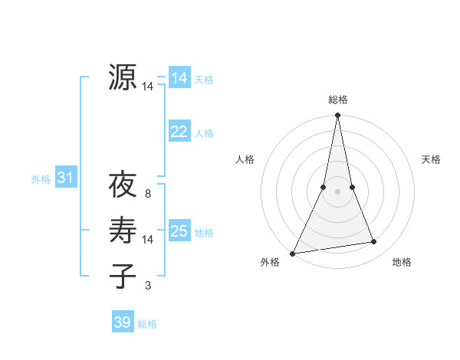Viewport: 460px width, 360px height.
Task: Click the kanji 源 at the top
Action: [123, 78]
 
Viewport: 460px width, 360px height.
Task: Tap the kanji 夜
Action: [123, 186]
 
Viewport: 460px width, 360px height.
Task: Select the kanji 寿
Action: [123, 231]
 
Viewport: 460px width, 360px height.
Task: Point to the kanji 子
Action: [123, 276]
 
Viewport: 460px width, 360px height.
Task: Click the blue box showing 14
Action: [179, 78]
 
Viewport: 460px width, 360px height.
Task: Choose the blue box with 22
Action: [179, 132]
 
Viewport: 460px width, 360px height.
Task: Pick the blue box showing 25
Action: [179, 231]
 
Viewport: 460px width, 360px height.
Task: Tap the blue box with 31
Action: [65, 178]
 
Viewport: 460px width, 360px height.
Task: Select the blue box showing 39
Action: [122, 322]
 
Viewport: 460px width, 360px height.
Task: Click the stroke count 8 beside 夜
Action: [148, 195]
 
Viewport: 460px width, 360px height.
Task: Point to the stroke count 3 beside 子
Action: [148, 286]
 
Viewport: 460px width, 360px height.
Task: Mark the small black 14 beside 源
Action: [148, 87]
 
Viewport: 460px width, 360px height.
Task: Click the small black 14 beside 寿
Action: [148, 240]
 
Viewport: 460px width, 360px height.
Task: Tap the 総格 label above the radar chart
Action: [338, 100]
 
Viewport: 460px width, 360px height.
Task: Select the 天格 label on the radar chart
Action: [431, 159]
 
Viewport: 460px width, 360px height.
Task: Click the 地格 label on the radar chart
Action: [402, 262]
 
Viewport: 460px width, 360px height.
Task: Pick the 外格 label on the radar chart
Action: [270, 262]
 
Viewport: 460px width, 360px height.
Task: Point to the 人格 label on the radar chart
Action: [245, 159]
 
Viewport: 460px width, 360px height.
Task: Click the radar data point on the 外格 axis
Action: [293, 253]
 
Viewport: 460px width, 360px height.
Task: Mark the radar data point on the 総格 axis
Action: [338, 116]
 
